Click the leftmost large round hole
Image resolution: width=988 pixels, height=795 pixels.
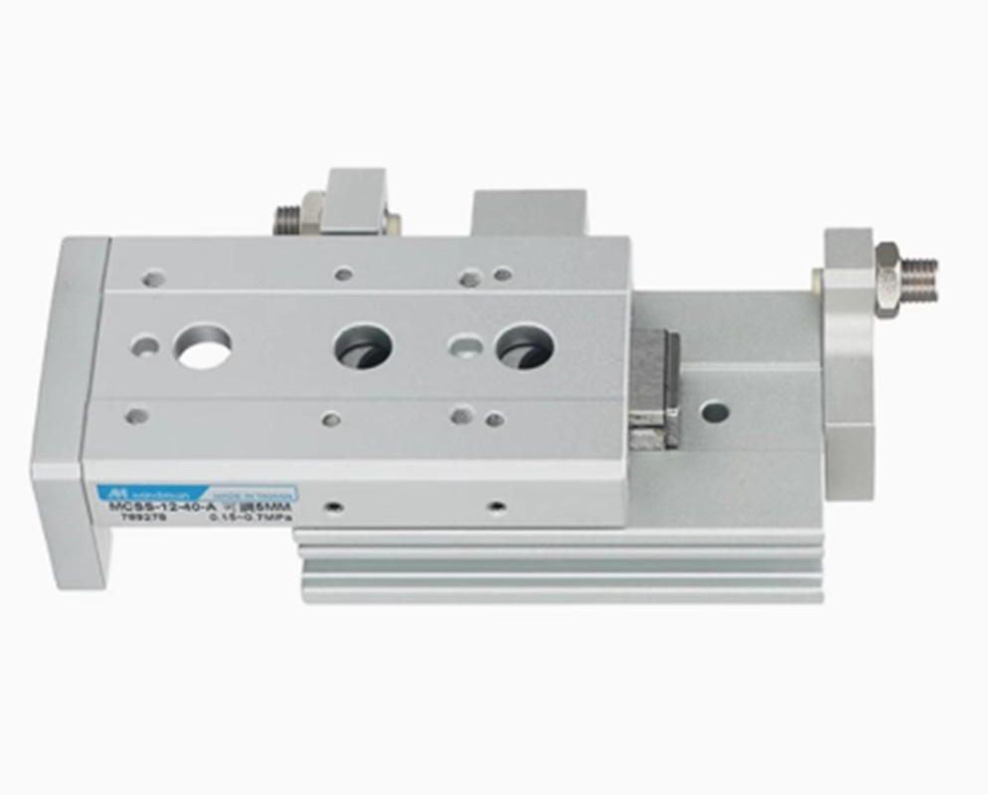[x=203, y=347]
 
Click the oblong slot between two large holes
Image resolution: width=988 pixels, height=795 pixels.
[x=464, y=344]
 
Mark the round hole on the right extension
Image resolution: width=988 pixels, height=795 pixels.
[x=714, y=410]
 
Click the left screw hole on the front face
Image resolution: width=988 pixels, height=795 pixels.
[x=335, y=508]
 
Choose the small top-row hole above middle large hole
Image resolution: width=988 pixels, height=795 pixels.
[x=343, y=273]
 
